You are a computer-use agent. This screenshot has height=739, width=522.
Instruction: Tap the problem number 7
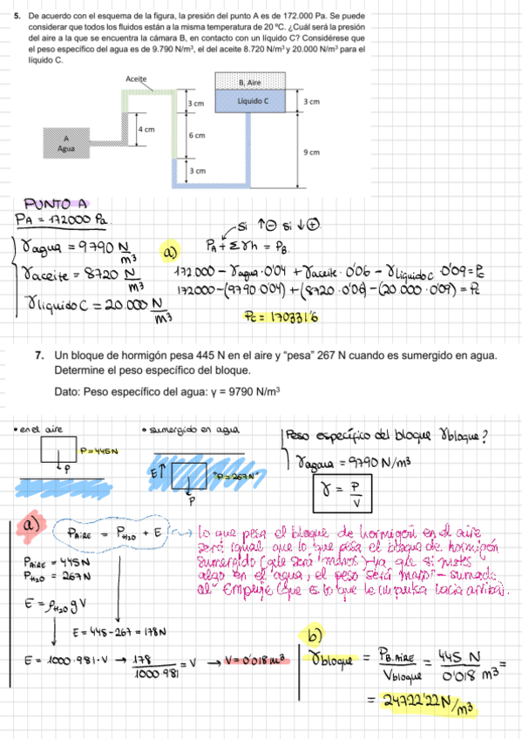coord(40,356)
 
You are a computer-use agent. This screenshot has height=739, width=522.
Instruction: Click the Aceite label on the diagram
coord(135,78)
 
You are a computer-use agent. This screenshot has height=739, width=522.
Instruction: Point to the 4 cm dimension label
coord(147,128)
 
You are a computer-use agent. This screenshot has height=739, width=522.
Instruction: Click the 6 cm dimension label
coord(197,136)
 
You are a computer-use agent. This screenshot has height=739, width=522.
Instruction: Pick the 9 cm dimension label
coord(311,152)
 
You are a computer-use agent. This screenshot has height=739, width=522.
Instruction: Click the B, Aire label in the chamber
coord(250,82)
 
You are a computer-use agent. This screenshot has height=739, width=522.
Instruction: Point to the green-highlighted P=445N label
coord(98,451)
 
